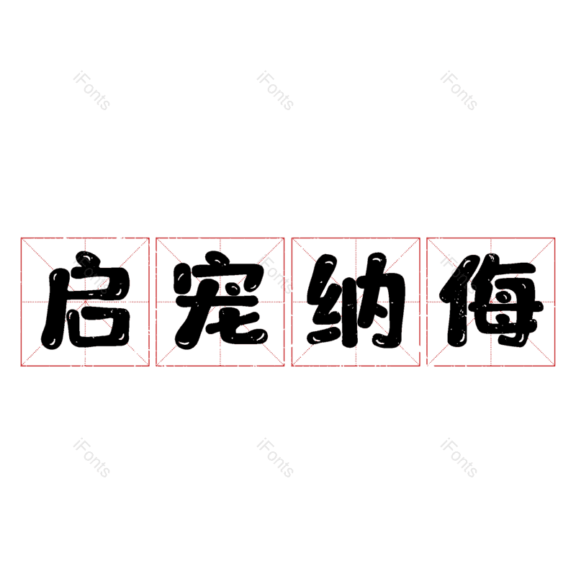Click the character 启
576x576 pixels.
pos(86,300)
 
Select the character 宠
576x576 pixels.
pos(221,300)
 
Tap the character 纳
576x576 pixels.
pos(356,300)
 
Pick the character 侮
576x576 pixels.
pos(492,300)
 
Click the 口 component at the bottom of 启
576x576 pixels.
pos(98,328)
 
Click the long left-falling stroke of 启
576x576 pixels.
pos(55,309)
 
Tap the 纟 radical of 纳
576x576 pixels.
pos(326,300)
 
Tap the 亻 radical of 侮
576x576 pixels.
pos(458,300)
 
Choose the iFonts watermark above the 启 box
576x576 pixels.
pos(91,91)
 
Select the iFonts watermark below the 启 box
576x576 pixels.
pos(91,458)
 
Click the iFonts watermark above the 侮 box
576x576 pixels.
pos(459,91)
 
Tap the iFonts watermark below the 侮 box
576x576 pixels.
pos(459,458)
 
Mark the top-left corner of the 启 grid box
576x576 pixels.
pos(22,238)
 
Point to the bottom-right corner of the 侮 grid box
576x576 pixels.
pos(554,366)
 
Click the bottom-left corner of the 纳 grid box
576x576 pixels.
pos(292,366)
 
